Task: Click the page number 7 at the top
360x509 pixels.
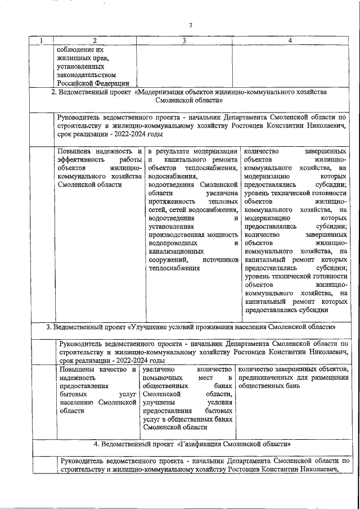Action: [191, 25]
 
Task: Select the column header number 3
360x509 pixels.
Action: [184, 40]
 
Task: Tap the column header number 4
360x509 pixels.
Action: [290, 40]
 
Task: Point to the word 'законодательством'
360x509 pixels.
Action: [87, 74]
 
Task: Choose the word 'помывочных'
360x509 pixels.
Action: [163, 378]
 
